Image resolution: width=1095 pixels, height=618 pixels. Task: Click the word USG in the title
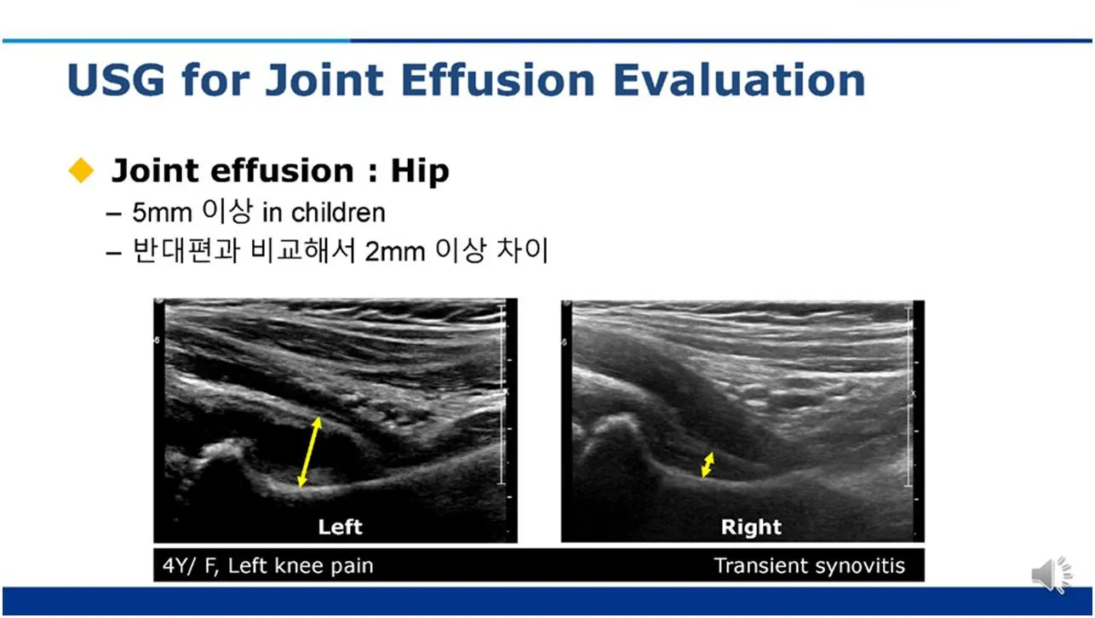(116, 80)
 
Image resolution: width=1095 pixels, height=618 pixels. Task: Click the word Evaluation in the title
(738, 80)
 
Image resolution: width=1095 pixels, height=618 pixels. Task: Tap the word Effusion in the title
(498, 79)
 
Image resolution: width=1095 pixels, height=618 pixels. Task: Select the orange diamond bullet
(81, 170)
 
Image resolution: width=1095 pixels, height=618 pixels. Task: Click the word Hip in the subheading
(420, 171)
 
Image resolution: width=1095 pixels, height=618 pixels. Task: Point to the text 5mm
(162, 213)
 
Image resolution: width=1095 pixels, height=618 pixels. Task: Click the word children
(338, 213)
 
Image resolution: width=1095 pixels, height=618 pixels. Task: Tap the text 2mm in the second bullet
(395, 252)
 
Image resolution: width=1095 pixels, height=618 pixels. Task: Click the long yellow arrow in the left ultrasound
(309, 452)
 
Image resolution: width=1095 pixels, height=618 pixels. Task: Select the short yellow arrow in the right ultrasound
(708, 464)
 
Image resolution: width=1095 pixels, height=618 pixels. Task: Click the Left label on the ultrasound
(341, 527)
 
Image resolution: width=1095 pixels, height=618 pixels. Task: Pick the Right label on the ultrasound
(751, 527)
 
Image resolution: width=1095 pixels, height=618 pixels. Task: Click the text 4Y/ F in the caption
(190, 566)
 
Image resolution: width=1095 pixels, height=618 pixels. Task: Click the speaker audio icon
(1052, 575)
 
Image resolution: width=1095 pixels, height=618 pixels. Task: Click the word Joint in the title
(324, 79)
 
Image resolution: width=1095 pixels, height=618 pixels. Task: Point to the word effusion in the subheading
(281, 170)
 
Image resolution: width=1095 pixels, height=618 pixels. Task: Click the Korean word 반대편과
(186, 250)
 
